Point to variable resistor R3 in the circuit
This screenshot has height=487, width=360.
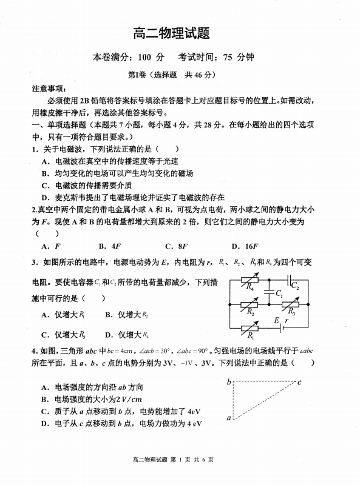tap(290, 305)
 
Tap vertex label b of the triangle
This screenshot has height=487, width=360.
tap(229, 382)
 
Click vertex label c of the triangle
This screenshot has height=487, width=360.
tap(299, 382)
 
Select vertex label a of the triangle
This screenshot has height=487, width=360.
tap(229, 418)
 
